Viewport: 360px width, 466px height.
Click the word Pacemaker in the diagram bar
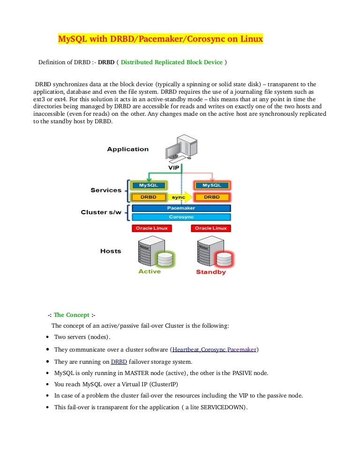click(x=181, y=208)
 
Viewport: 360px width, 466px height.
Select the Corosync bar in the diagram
click(x=181, y=217)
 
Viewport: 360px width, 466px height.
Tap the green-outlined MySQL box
click(x=149, y=186)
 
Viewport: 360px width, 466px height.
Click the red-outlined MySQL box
click(x=211, y=186)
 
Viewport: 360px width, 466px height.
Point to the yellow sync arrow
click(x=180, y=197)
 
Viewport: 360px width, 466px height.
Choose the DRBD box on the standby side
click(x=211, y=197)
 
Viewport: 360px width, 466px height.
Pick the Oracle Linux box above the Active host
click(x=151, y=228)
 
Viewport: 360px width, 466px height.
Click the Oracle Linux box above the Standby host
click(x=211, y=228)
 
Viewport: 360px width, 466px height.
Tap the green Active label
click(x=150, y=271)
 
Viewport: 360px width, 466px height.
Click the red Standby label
click(x=210, y=272)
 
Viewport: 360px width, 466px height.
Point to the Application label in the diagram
click(x=127, y=149)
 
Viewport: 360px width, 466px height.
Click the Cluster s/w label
click(x=101, y=212)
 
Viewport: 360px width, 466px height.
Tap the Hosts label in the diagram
click(x=111, y=251)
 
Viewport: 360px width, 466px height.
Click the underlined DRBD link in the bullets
click(x=118, y=361)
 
